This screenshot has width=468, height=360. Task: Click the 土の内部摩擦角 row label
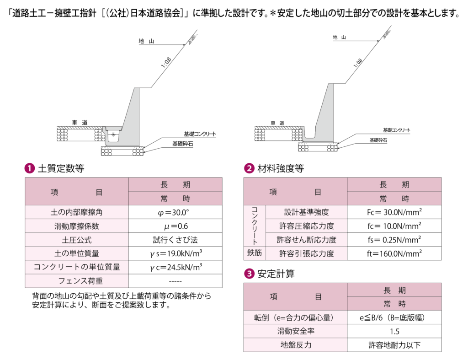76,212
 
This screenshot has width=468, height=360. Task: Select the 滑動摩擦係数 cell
76,226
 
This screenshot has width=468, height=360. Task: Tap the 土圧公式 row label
76,240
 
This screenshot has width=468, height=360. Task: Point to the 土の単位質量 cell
76,253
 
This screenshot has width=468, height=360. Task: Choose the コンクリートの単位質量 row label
76,267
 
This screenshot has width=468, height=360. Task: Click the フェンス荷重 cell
76,281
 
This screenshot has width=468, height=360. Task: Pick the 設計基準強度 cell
306,212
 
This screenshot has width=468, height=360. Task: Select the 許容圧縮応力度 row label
306,226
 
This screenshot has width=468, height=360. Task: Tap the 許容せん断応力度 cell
306,240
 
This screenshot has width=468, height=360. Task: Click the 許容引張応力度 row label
306,253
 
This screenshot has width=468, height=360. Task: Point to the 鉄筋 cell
255,253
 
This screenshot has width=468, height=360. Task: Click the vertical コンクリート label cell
255,226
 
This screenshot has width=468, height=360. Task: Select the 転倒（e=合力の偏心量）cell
295,317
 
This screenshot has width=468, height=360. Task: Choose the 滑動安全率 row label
295,331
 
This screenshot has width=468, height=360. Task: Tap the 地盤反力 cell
295,345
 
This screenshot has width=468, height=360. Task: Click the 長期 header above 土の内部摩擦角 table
175,185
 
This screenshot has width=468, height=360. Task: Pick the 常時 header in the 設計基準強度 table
394,199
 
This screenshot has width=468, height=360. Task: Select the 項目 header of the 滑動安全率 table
295,296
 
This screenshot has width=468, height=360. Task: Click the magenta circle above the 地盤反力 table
249,274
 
